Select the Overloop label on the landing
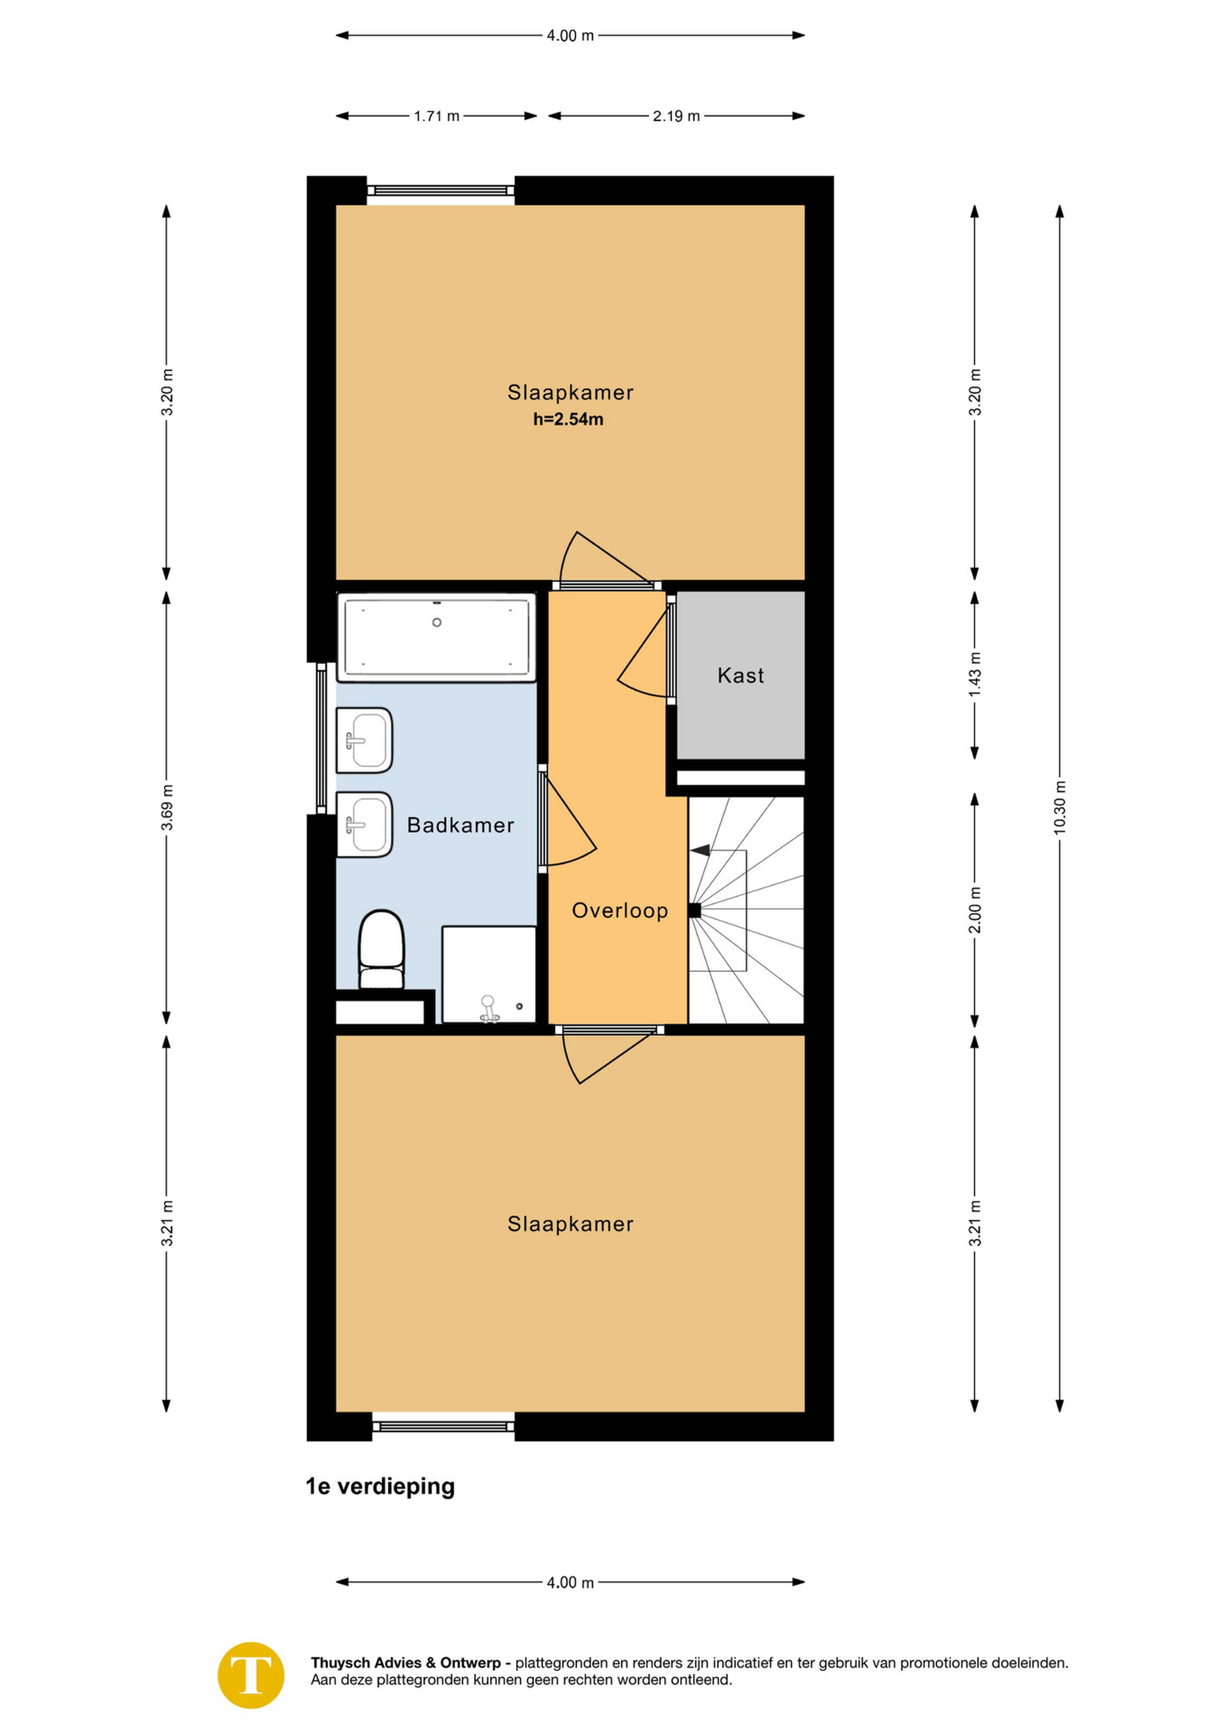[620, 911]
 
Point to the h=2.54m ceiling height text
[568, 419]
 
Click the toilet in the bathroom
[381, 949]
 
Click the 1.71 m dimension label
[436, 116]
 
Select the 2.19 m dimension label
[677, 116]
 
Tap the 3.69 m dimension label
[167, 807]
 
